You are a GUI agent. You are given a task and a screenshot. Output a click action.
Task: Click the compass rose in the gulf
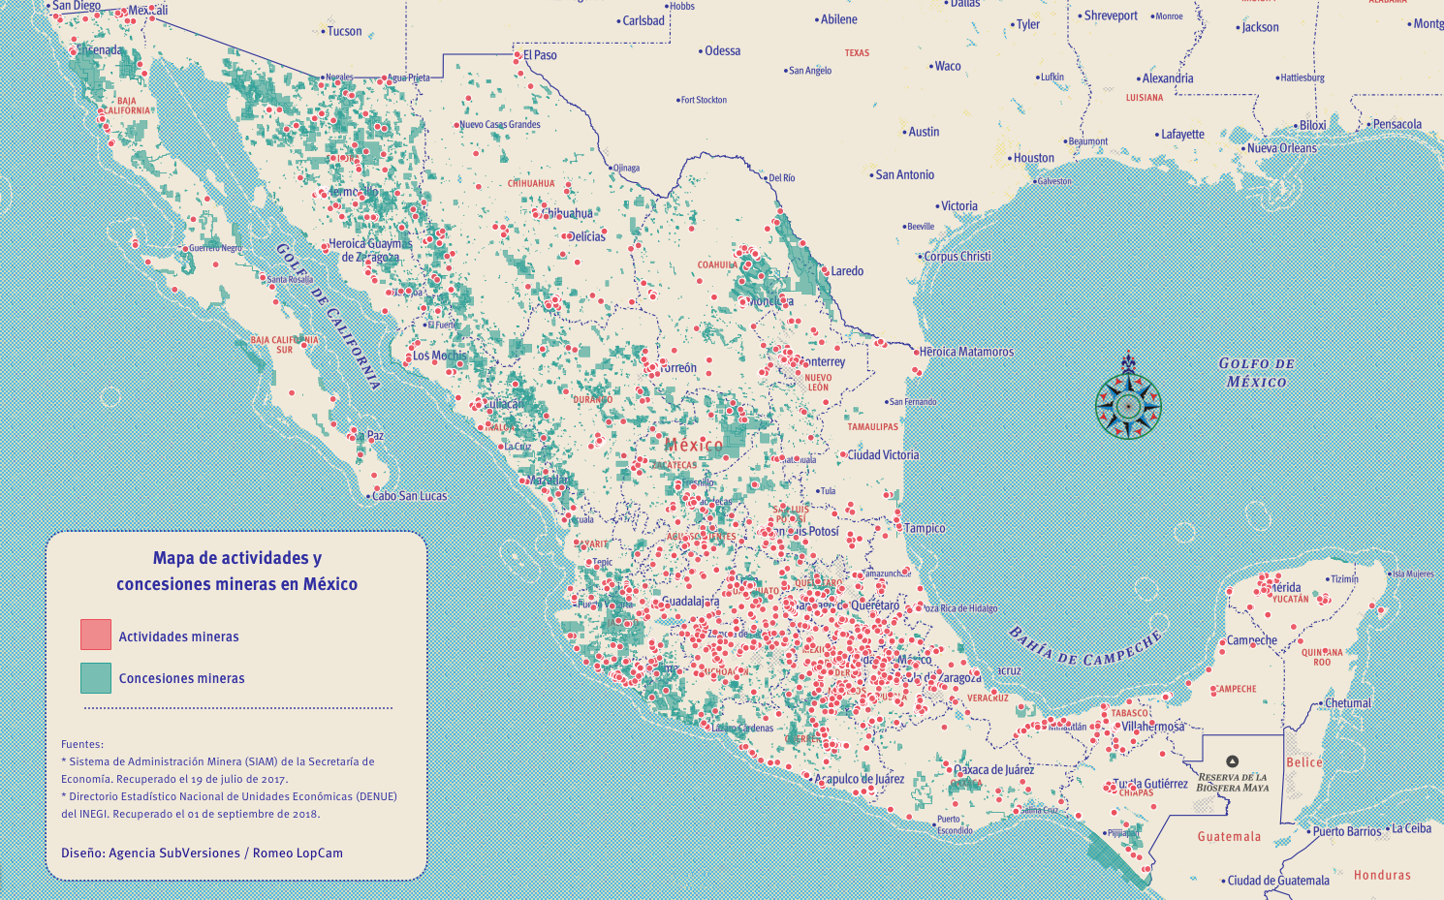pyautogui.click(x=1128, y=405)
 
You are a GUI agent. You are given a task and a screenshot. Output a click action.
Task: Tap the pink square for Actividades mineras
pyautogui.click(x=96, y=636)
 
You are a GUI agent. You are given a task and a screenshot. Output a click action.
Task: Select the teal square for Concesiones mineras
pyautogui.click(x=96, y=678)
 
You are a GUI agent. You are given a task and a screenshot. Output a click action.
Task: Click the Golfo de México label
pyautogui.click(x=1256, y=373)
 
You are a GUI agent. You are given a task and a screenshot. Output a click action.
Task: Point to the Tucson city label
pyautogui.click(x=343, y=31)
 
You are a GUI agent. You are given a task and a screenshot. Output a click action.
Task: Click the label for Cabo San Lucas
pyautogui.click(x=409, y=496)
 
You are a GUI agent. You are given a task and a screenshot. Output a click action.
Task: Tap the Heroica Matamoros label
pyautogui.click(x=965, y=352)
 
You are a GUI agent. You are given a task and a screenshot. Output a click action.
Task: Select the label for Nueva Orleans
pyautogui.click(x=1281, y=148)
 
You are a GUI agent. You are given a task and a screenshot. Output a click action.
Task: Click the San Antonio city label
pyautogui.click(x=904, y=175)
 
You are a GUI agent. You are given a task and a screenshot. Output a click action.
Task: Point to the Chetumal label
pyautogui.click(x=1347, y=703)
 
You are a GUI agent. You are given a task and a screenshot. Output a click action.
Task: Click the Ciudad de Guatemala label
pyautogui.click(x=1277, y=881)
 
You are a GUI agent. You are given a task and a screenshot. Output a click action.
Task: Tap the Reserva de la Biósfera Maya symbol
pyautogui.click(x=1232, y=761)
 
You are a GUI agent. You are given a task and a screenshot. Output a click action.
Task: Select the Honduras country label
pyautogui.click(x=1382, y=875)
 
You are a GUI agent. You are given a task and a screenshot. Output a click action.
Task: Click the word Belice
pyautogui.click(x=1303, y=762)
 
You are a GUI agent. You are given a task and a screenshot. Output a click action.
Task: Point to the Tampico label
pyautogui.click(x=924, y=528)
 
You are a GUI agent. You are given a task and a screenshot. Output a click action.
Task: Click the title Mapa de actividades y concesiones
pyautogui.click(x=236, y=571)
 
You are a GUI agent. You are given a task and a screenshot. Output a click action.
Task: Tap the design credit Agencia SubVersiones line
pyautogui.click(x=202, y=853)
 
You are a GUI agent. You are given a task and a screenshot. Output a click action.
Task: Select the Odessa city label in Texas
pyautogui.click(x=721, y=51)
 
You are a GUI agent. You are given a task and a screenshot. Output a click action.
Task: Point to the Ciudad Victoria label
pyautogui.click(x=882, y=454)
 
